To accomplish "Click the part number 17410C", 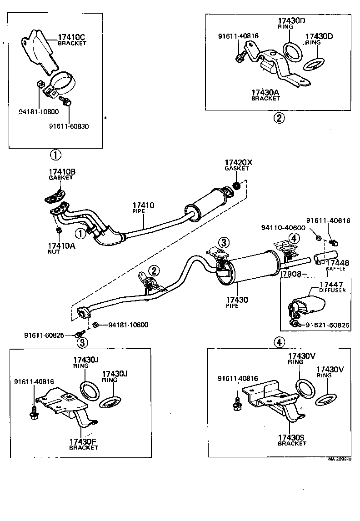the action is click(x=71, y=37).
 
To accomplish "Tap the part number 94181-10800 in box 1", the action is click(x=39, y=112).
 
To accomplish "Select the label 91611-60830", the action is click(x=69, y=126).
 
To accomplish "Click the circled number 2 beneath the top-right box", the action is click(x=279, y=118).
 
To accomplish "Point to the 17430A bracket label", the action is click(x=265, y=93).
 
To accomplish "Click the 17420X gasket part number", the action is click(x=239, y=162).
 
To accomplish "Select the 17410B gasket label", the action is click(x=62, y=172).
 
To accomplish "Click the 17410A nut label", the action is click(x=61, y=246).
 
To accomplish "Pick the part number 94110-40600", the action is click(x=283, y=228).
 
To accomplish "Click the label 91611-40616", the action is click(x=328, y=220).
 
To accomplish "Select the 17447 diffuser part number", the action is click(x=331, y=285).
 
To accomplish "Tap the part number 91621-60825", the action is click(x=327, y=325).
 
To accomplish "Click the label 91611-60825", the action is click(x=44, y=335).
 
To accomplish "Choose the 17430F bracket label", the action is click(x=83, y=441).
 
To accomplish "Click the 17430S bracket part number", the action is click(x=291, y=438).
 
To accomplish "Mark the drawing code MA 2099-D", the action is click(x=340, y=459).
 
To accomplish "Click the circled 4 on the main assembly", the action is click(x=294, y=238).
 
